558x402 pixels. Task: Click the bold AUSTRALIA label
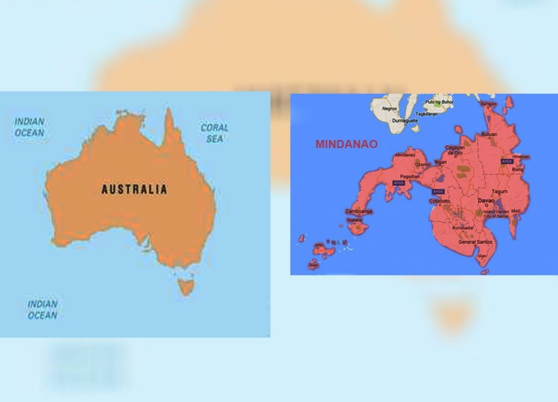tap(134, 190)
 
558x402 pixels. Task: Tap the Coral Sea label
tap(214, 133)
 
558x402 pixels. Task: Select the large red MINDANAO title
tap(346, 144)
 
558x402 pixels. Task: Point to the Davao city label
tap(486, 200)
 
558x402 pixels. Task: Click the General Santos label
tap(475, 241)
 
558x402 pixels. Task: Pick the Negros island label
tap(390, 108)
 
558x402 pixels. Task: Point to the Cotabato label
tap(440, 201)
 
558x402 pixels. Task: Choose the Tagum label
tap(499, 192)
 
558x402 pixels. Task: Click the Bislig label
tap(517, 169)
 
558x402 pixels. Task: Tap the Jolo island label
tap(319, 246)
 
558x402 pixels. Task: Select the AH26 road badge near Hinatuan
tap(507, 161)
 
